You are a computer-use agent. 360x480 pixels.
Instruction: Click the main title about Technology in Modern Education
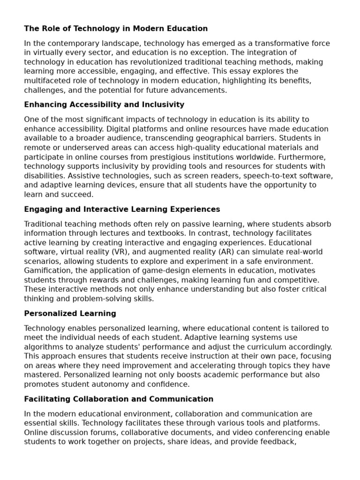click(x=116, y=29)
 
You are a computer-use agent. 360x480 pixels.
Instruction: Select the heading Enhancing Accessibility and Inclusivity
click(x=104, y=105)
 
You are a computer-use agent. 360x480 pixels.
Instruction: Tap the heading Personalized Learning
click(x=70, y=313)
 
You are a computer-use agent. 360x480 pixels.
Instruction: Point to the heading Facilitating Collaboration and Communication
click(x=119, y=399)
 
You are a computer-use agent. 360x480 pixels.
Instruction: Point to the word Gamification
click(x=46, y=271)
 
